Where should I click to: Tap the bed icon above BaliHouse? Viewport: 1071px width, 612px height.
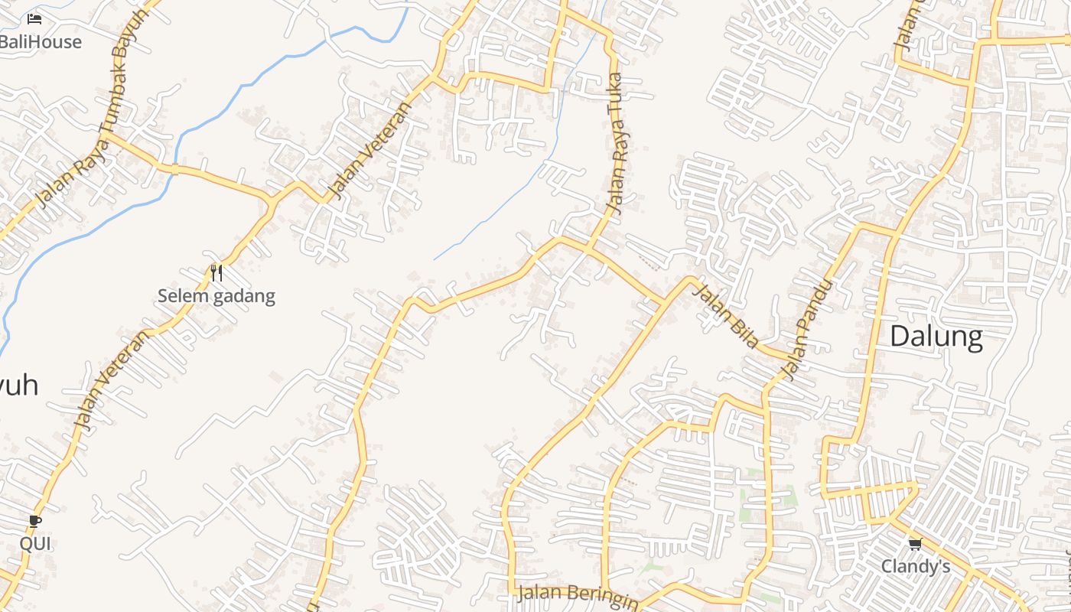[x=34, y=18]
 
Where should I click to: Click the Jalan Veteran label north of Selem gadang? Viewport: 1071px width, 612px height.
[x=368, y=150]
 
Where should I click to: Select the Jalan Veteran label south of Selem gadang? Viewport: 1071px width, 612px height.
[x=112, y=380]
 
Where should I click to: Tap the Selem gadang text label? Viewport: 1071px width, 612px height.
[x=216, y=296]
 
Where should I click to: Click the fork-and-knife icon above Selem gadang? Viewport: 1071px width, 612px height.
[x=216, y=273]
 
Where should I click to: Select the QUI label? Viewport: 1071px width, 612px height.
[x=35, y=544]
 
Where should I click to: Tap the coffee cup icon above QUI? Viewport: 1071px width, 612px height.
[x=35, y=522]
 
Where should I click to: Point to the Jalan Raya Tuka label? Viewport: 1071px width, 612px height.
[x=616, y=143]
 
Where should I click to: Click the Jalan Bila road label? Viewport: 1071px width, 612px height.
[x=724, y=316]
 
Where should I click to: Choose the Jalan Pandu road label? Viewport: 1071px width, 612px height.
[x=807, y=330]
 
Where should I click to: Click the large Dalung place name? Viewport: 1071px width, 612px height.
[x=936, y=337]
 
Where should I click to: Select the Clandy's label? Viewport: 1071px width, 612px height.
[x=916, y=567]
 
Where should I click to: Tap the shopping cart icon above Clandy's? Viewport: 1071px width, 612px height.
[x=915, y=544]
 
